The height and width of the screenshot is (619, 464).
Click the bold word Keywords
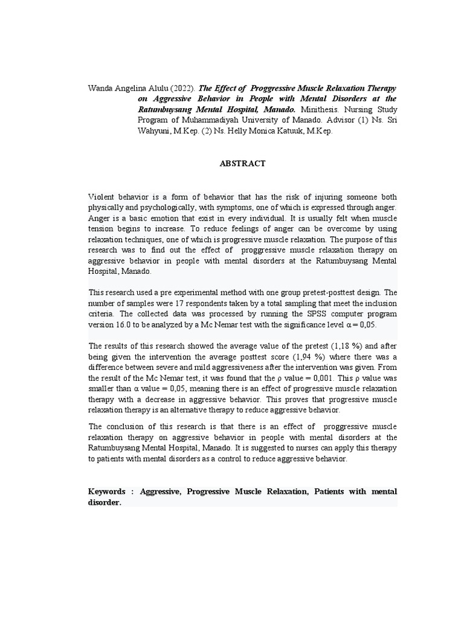(107, 492)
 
